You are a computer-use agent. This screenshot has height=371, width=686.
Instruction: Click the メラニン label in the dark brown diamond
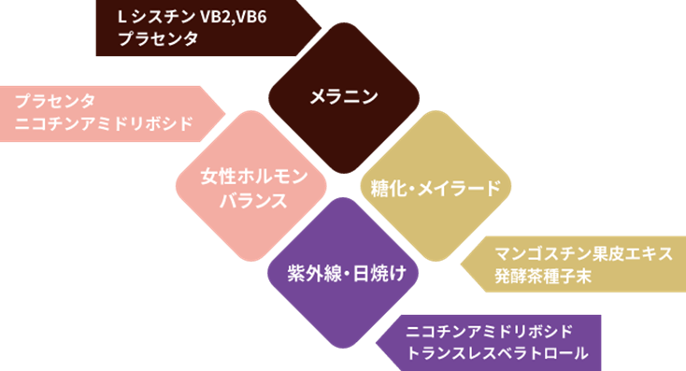point(343,95)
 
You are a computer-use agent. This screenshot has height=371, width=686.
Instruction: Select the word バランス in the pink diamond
point(246,200)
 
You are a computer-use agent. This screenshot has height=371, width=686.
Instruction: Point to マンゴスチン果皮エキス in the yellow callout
point(583,254)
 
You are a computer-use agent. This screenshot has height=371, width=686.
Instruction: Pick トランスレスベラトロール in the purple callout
point(498,353)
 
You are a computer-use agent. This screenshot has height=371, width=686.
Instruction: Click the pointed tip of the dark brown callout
point(322,28)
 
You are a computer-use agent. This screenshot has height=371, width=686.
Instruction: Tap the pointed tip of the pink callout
point(227,113)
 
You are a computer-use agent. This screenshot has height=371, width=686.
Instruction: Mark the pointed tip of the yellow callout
point(461,265)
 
